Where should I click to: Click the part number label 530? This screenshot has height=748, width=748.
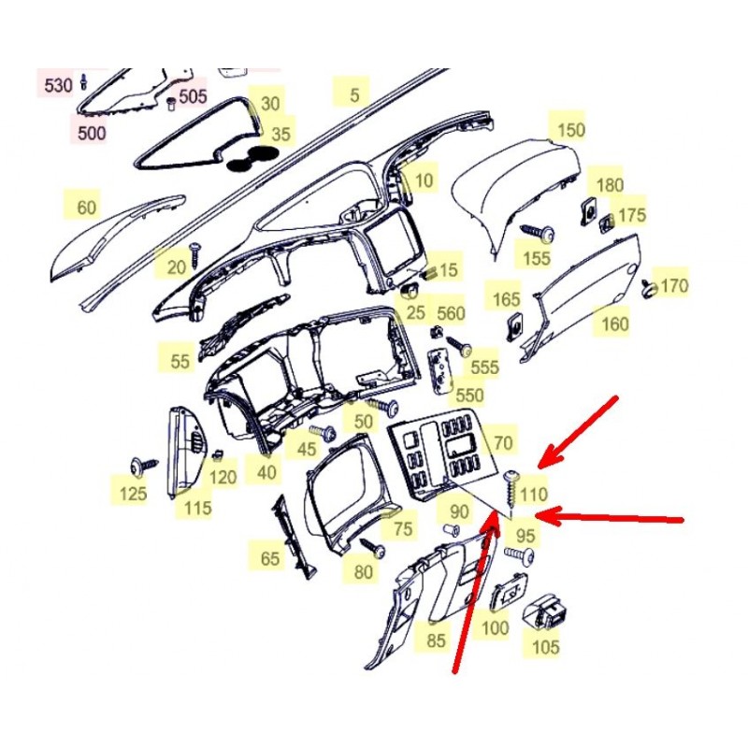click(x=58, y=86)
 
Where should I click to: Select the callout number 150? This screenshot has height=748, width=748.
click(x=571, y=130)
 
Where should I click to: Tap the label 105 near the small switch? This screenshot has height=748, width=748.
click(x=545, y=647)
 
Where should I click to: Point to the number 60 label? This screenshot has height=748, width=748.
click(x=86, y=208)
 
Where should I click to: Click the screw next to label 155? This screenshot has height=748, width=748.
click(x=538, y=232)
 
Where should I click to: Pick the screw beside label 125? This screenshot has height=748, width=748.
click(x=144, y=466)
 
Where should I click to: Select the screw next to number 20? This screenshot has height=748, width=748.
click(x=195, y=253)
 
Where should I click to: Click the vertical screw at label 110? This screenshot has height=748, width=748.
click(x=511, y=489)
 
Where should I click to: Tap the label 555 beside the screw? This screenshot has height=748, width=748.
click(x=484, y=367)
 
